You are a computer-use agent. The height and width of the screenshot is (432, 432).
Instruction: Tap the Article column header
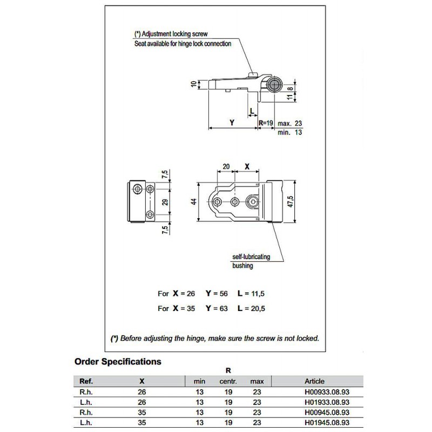[315, 381]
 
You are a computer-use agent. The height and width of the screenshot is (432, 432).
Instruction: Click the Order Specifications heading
[117, 360]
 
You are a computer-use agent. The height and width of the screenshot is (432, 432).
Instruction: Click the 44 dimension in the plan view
[194, 201]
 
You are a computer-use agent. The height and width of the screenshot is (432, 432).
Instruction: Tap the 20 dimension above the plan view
[226, 166]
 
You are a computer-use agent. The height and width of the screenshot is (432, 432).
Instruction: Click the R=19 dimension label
[267, 123]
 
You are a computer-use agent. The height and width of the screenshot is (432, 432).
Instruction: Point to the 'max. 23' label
[289, 123]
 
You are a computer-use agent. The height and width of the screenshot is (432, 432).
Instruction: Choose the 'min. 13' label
[289, 132]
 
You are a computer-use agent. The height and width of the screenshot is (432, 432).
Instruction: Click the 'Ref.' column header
[86, 381]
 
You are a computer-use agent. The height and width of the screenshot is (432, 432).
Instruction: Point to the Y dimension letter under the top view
[232, 123]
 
